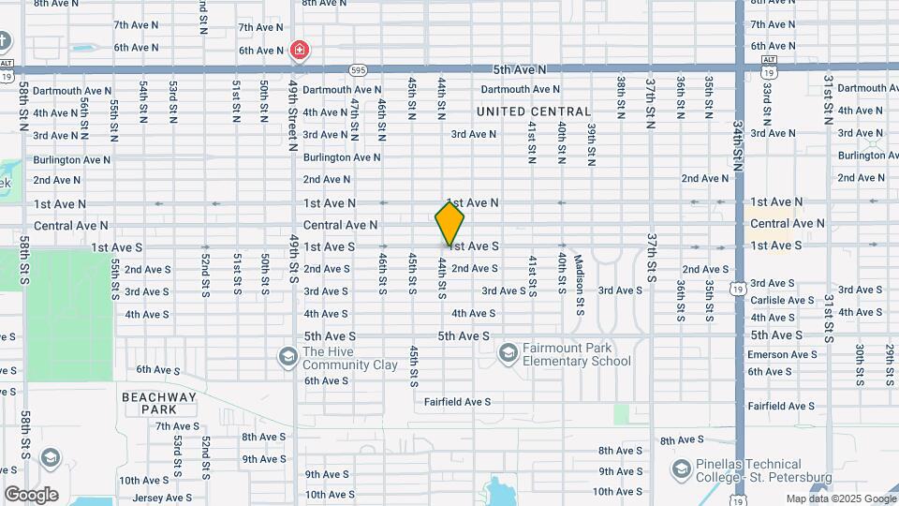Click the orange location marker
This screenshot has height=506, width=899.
[x=449, y=223]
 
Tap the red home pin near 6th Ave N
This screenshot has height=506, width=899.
[x=300, y=50]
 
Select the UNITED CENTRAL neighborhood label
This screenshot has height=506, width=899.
[x=534, y=112]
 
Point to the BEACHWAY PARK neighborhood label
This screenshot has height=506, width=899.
[x=159, y=403]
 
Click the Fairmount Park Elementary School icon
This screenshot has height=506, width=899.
[x=508, y=352]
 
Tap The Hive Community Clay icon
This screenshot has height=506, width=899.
[x=287, y=356]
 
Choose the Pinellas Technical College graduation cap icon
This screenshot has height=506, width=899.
[x=681, y=468]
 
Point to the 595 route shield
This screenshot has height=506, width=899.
[x=358, y=70]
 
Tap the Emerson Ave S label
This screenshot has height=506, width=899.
[x=782, y=354]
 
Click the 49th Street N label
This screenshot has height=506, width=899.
[x=293, y=115]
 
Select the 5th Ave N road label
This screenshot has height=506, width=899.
[x=520, y=69]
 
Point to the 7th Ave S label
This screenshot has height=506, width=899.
[x=178, y=426]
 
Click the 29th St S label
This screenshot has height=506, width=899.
[x=890, y=362]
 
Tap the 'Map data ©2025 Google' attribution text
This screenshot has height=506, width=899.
[x=840, y=499]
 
